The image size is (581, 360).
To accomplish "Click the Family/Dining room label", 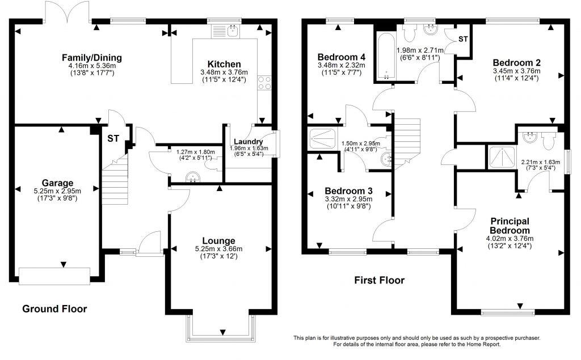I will click(92, 58).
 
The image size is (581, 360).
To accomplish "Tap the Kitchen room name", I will click(224, 64).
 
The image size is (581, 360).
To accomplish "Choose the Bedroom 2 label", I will click(516, 62).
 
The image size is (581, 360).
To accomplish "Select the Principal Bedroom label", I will click(510, 226).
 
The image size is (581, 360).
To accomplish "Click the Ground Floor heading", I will click(54, 309).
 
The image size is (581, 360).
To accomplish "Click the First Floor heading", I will click(379, 280).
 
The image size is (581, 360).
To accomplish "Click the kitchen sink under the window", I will click(232, 32).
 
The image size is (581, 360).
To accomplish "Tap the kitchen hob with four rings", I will click(264, 83).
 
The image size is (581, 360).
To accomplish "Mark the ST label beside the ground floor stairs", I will click(113, 138).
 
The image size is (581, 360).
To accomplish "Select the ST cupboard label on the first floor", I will click(463, 39).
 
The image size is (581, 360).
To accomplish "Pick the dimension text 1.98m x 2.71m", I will click(420, 50).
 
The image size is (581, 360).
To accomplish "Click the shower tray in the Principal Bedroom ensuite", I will click(502, 156).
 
